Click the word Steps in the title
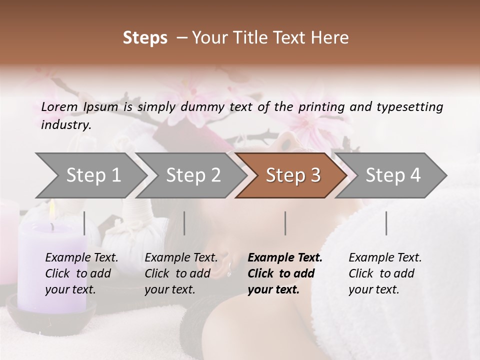pyautogui.click(x=145, y=38)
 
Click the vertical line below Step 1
pyautogui.click(x=84, y=223)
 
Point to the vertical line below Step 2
pyautogui.click(x=184, y=223)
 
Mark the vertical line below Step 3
pyautogui.click(x=285, y=223)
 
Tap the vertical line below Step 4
pyautogui.click(x=386, y=223)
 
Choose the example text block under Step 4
pyautogui.click(x=385, y=273)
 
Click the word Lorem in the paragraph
pyautogui.click(x=59, y=107)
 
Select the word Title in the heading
pyautogui.click(x=253, y=38)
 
